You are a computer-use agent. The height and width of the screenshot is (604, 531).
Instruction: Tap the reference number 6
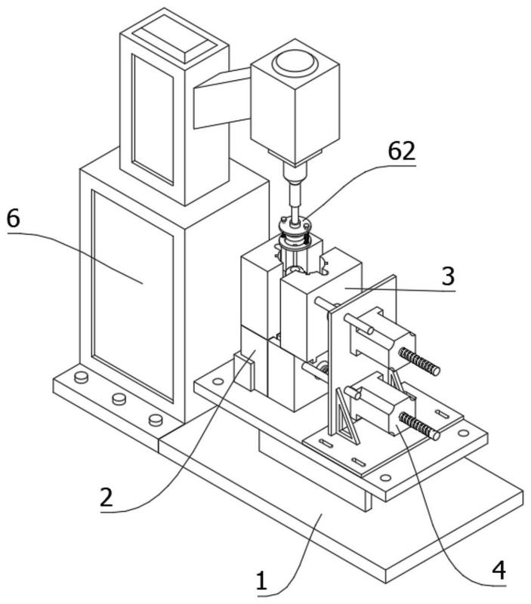(13, 219)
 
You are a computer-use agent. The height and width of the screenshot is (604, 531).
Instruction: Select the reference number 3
(448, 276)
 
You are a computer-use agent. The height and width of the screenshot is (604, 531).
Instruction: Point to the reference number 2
(107, 498)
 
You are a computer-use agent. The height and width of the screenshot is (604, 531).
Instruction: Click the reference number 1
(261, 581)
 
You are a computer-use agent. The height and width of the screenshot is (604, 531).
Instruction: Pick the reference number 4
(499, 570)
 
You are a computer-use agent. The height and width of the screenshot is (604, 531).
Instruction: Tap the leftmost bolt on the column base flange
(81, 377)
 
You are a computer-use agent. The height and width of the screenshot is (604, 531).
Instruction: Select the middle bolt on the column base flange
(119, 399)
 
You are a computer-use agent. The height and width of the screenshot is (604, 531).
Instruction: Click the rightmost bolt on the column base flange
(156, 420)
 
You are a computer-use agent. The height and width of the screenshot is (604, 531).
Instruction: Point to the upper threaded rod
(419, 361)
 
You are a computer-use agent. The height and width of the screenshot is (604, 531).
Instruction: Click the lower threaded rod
(419, 426)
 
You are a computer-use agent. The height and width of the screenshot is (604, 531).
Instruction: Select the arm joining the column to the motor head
(222, 98)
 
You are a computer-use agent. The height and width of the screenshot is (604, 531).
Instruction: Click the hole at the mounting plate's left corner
(218, 382)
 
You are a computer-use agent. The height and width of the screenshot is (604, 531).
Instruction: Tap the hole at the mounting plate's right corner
(464, 433)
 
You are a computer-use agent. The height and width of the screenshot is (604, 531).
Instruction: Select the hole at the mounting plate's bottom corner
(385, 478)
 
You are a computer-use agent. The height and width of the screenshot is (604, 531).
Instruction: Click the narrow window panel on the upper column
(153, 119)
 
